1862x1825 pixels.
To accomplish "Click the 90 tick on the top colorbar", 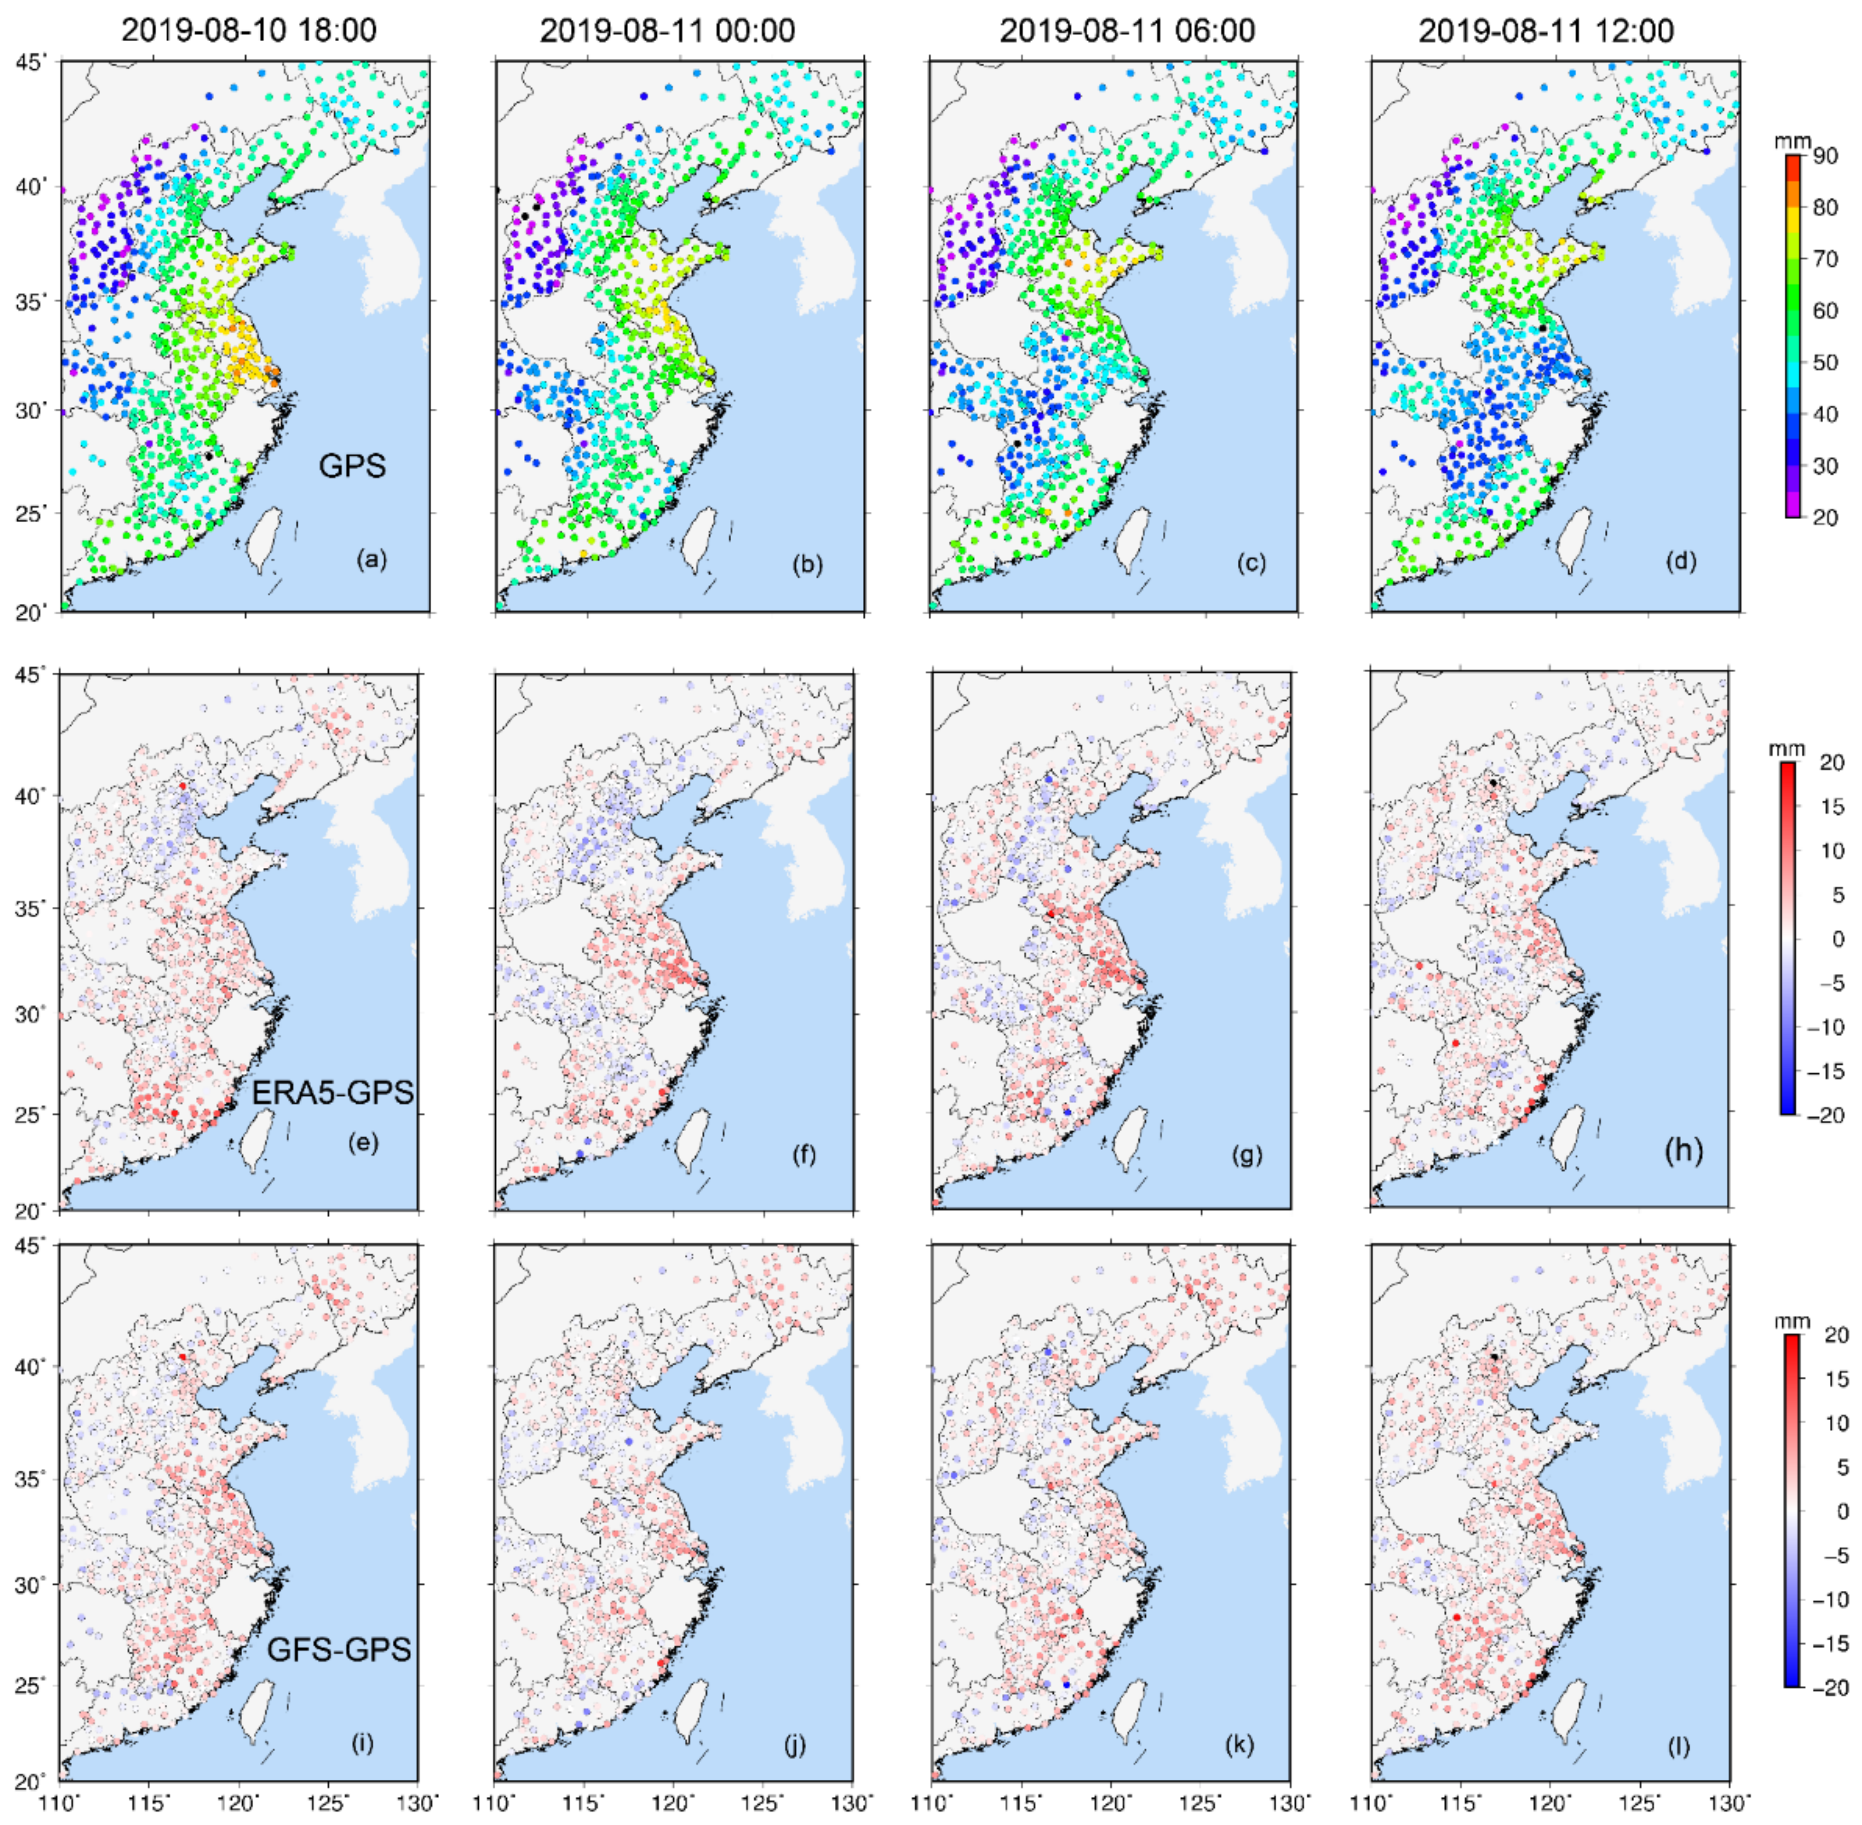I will (x=1825, y=155).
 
